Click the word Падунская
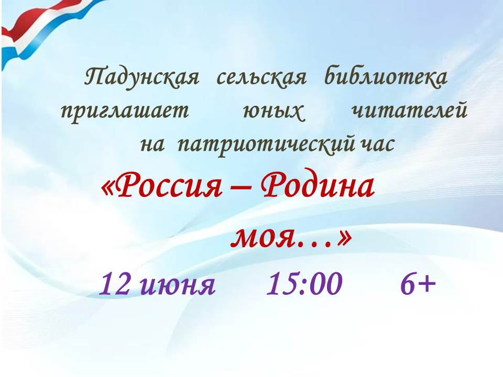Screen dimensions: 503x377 pyautogui.click(x=141, y=77)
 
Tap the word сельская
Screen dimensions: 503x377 pyautogui.click(x=261, y=77)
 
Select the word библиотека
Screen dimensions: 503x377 pyautogui.click(x=386, y=76)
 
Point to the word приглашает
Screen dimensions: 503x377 pyautogui.click(x=125, y=112)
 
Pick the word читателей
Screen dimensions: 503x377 pyautogui.click(x=409, y=110)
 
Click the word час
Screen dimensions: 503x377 pyautogui.click(x=377, y=145)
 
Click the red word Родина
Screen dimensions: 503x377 pyautogui.click(x=318, y=185)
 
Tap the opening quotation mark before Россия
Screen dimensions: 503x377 pyautogui.click(x=109, y=187)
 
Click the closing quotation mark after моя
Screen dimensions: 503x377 pyautogui.click(x=344, y=237)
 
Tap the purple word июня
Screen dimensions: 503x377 pyautogui.click(x=178, y=285)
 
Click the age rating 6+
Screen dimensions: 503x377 pyautogui.click(x=418, y=284)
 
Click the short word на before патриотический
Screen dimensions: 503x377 pyautogui.click(x=152, y=145)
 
